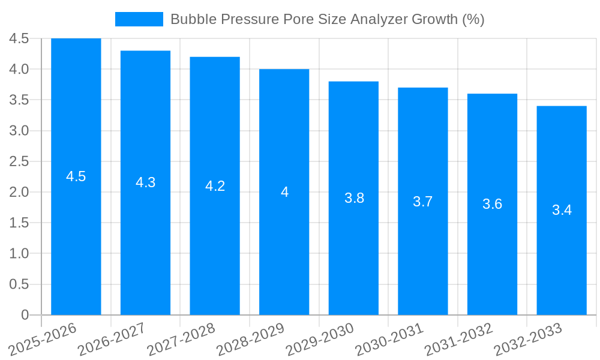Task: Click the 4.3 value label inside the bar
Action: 146,182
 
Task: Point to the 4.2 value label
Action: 215,186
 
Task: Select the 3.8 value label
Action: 354,198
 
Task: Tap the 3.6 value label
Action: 492,204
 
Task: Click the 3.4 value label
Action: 562,210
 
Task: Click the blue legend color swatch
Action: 139,19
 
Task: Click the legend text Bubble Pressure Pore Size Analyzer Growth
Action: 327,19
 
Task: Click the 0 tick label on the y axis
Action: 25,315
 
